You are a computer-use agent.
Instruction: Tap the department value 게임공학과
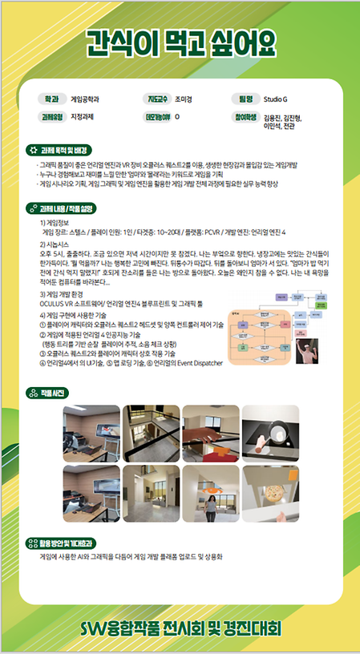click(86, 100)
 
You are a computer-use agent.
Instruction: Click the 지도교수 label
click(156, 100)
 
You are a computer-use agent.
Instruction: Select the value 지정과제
click(84, 117)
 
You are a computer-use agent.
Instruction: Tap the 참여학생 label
click(245, 117)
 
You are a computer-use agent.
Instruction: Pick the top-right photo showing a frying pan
click(270, 433)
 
